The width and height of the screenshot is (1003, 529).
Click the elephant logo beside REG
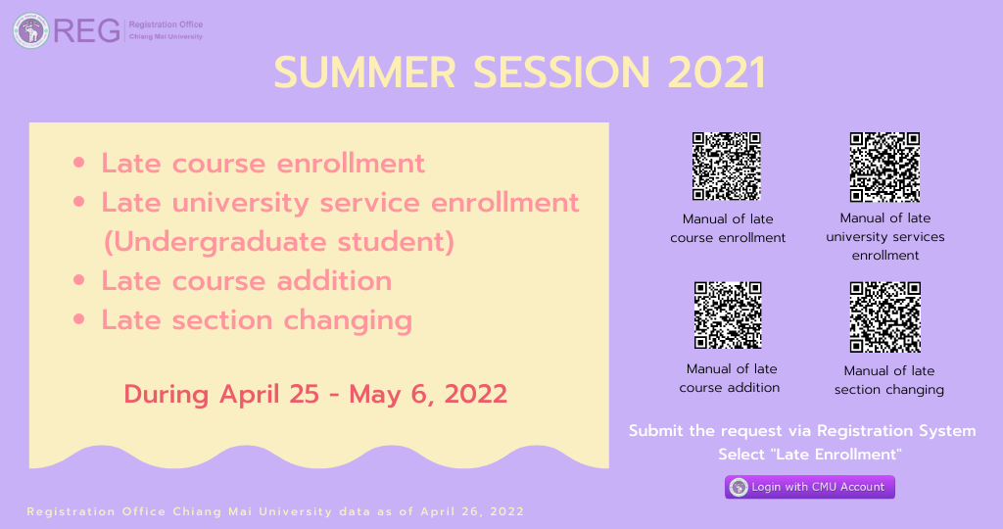[x=30, y=30]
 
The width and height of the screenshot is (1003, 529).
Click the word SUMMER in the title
[x=365, y=72]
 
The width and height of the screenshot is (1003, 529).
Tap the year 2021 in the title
[x=716, y=72]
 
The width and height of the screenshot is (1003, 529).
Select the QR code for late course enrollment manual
[x=727, y=167]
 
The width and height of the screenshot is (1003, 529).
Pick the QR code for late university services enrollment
[x=884, y=167]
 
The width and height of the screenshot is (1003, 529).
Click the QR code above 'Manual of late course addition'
[x=728, y=315]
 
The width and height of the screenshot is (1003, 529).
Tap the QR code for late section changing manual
[x=885, y=317]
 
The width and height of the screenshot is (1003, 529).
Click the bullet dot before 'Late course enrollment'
[x=78, y=163]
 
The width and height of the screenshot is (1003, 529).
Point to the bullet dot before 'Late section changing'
[x=78, y=319]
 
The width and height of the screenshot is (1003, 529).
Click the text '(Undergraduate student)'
[x=279, y=242]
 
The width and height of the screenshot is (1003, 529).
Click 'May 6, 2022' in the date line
[x=428, y=394]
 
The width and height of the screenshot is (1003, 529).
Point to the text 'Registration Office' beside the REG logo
[x=166, y=24]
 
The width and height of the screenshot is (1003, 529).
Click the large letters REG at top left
[x=86, y=30]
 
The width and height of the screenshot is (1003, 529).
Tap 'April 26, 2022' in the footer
[x=472, y=511]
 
